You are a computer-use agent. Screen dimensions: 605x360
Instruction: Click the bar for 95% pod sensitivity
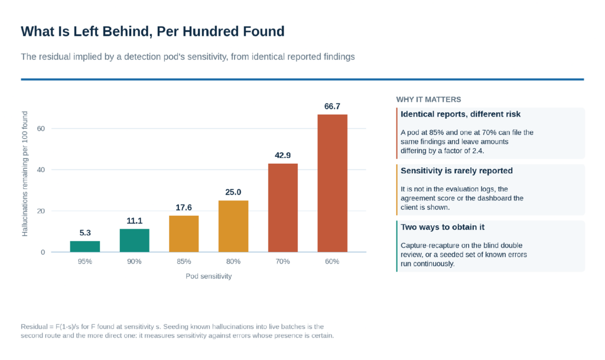[x=85, y=247]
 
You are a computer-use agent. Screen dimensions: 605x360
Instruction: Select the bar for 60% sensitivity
[x=332, y=183]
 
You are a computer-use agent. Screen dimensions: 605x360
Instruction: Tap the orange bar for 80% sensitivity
[x=233, y=226]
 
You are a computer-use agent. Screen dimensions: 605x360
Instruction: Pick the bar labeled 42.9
[x=283, y=207]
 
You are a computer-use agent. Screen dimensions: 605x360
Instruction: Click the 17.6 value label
[x=184, y=207]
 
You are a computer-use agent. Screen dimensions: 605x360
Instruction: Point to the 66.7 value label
[x=332, y=106]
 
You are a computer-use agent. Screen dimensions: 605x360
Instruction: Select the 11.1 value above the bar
[x=134, y=220]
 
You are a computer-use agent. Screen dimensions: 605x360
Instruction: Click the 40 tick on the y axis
[x=41, y=170]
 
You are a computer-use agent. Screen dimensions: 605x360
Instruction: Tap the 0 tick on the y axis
[x=43, y=252]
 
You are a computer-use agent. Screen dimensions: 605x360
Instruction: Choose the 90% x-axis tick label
[x=134, y=262]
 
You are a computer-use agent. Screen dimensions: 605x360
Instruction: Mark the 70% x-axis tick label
[x=283, y=262]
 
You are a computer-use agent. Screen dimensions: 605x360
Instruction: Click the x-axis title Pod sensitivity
[x=209, y=276]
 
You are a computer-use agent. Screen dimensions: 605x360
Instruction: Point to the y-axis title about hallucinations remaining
[x=25, y=174]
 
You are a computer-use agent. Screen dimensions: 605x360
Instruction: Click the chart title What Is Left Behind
[x=153, y=31]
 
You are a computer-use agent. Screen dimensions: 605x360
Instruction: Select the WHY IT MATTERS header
[x=429, y=99]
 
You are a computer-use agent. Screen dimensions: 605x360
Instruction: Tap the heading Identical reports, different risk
[x=460, y=114]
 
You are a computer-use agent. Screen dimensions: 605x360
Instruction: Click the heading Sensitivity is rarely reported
[x=457, y=171]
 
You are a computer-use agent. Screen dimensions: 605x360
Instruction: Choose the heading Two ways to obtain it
[x=443, y=227]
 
